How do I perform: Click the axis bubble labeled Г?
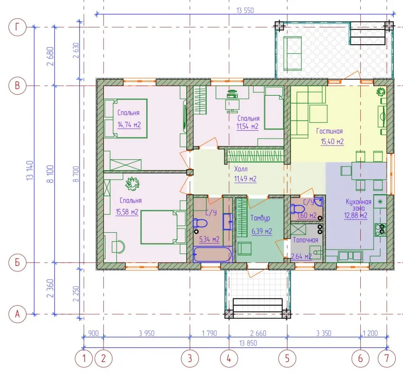(17, 27)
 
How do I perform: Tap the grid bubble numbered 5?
(287, 359)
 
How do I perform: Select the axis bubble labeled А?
(17, 314)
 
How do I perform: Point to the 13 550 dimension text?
(245, 10)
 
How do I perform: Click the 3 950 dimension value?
(147, 333)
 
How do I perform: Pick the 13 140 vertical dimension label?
(30, 171)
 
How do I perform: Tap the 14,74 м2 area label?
(129, 125)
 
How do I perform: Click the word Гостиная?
(329, 131)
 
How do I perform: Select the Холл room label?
(241, 169)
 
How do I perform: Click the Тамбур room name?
(260, 218)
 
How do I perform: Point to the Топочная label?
(305, 240)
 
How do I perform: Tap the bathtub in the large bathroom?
(212, 254)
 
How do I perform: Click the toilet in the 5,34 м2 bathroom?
(200, 223)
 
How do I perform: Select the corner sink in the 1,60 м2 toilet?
(319, 202)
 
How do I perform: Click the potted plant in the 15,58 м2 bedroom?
(132, 183)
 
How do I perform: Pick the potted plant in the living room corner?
(381, 92)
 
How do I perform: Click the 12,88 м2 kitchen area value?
(356, 216)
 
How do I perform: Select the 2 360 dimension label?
(50, 288)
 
